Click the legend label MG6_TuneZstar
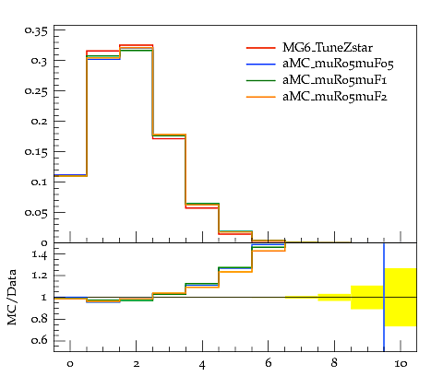pos(328,48)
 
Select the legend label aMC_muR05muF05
pos(338,64)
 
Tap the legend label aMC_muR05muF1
pos(335,80)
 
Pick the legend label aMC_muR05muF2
pos(335,97)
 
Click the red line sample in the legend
pos(260,48)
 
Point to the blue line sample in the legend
pos(260,64)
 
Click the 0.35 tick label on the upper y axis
pos(36,30)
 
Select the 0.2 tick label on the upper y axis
pos(40,121)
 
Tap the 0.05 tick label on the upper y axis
pos(36,212)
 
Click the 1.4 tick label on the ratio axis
pos(40,255)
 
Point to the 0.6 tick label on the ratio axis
pos(40,340)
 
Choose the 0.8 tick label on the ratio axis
pos(40,319)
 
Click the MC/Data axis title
pos(12,298)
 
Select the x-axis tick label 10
pos(401,364)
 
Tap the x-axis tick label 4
pos(202,365)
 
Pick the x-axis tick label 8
pos(334,363)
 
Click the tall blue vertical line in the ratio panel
pos(384,297)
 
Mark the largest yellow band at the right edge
pos(401,297)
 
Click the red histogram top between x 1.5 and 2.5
pos(136,45)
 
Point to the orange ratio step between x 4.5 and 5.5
pos(235,272)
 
